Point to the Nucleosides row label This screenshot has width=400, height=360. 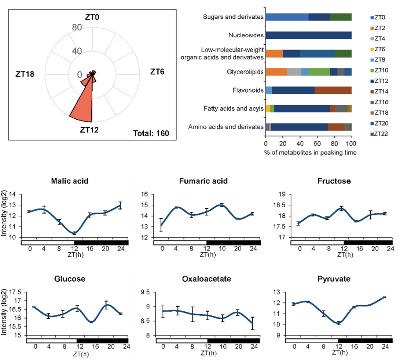point(246,36)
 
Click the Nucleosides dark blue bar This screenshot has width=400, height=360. point(308,36)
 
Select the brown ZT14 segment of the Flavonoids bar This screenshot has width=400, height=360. point(333,90)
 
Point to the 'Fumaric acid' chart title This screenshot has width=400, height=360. point(203,181)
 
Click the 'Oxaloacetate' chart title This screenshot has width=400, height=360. point(206,279)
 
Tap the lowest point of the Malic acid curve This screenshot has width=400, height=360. point(74,233)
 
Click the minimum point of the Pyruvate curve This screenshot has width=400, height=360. point(339,323)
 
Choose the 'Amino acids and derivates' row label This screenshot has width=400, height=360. point(226,127)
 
